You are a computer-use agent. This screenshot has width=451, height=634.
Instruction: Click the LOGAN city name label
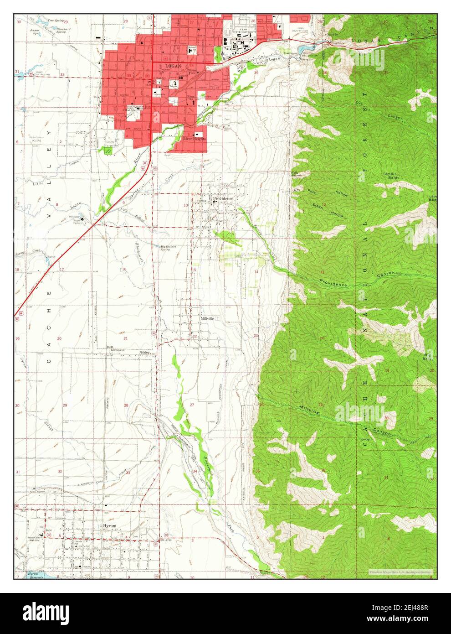173,66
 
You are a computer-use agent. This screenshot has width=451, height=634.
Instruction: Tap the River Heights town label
194,139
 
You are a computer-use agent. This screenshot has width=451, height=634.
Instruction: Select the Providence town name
223,199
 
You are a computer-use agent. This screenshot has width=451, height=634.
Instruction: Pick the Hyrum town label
109,526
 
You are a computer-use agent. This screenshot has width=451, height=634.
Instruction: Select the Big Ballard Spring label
168,248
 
